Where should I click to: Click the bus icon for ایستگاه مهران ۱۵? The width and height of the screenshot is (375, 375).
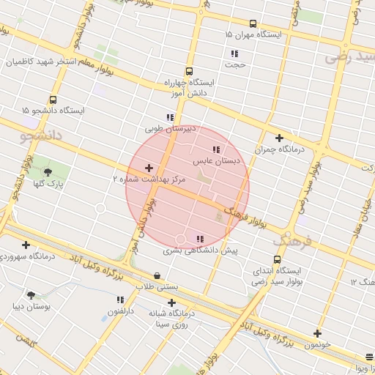point(253,23)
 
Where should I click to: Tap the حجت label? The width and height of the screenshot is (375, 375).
point(236,65)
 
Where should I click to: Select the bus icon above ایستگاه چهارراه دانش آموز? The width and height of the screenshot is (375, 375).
point(190,72)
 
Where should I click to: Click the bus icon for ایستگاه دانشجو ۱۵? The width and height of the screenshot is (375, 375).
point(53,100)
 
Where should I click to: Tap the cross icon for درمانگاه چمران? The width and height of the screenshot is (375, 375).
point(279,138)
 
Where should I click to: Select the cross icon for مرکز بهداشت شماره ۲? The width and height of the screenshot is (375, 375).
point(149,168)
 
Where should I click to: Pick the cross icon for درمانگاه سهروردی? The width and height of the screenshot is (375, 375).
point(26,245)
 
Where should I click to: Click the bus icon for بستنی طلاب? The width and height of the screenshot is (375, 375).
point(157,276)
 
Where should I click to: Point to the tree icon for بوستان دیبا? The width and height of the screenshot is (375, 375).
point(31,294)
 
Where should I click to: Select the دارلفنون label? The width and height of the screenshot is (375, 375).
point(120,311)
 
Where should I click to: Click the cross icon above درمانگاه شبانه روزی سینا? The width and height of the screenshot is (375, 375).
point(171,302)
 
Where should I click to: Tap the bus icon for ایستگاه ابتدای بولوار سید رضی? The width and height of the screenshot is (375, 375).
point(277,259)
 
